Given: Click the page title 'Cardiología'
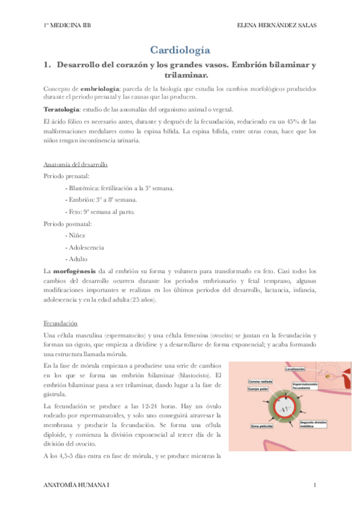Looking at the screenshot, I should click(x=180, y=50).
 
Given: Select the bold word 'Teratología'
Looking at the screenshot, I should click(x=61, y=109).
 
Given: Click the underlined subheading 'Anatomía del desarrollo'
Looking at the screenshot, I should click(x=76, y=165).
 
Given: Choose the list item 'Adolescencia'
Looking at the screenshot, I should click(x=87, y=247).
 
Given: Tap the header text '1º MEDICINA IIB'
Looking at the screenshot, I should click(x=67, y=25).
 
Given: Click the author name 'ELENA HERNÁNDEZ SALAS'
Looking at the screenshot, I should click(x=277, y=25).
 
